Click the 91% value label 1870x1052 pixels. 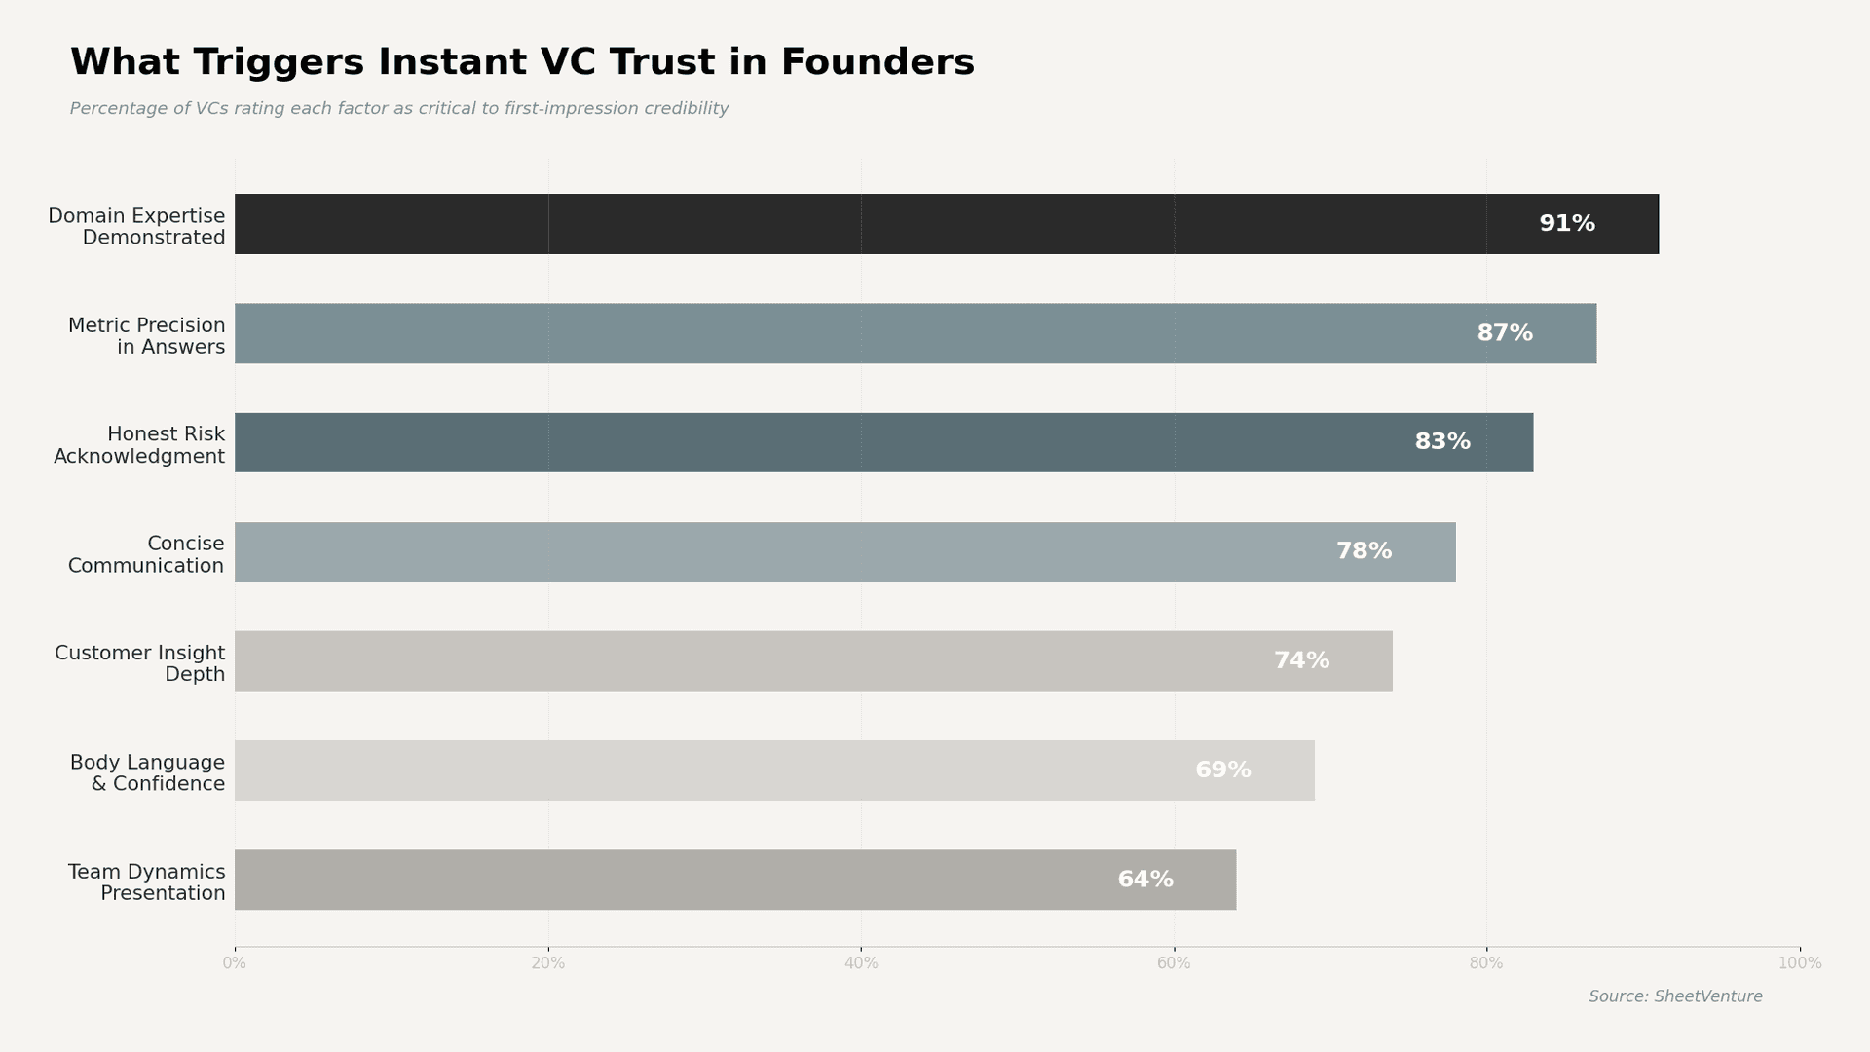[1566, 224]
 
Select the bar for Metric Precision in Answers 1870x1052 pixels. [915, 333]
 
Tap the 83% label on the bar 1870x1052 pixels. [1441, 442]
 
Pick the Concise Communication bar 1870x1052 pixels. [844, 551]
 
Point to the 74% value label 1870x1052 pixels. [1301, 660]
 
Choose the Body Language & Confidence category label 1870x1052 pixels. [147, 773]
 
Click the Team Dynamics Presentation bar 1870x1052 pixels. [734, 880]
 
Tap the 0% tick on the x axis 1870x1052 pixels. [234, 963]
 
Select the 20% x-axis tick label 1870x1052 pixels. [547, 963]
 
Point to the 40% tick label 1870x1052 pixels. [860, 963]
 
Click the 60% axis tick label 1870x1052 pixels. [1173, 963]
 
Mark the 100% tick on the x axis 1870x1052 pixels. [1799, 963]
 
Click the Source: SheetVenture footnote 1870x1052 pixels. [1675, 996]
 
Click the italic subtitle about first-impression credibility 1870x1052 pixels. [398, 109]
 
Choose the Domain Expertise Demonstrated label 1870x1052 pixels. [136, 227]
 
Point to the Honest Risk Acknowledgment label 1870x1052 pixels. [139, 445]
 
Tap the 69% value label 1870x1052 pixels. [1222, 770]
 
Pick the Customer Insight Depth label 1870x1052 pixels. [139, 663]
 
